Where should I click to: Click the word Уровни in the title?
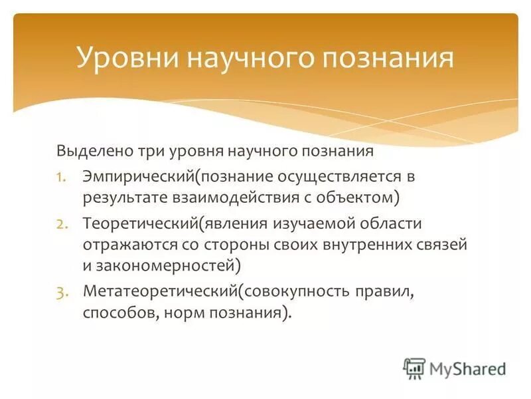coord(125,58)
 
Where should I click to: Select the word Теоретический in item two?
coord(141,224)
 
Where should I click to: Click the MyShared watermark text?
coord(468,368)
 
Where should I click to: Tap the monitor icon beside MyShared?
coord(414,368)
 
